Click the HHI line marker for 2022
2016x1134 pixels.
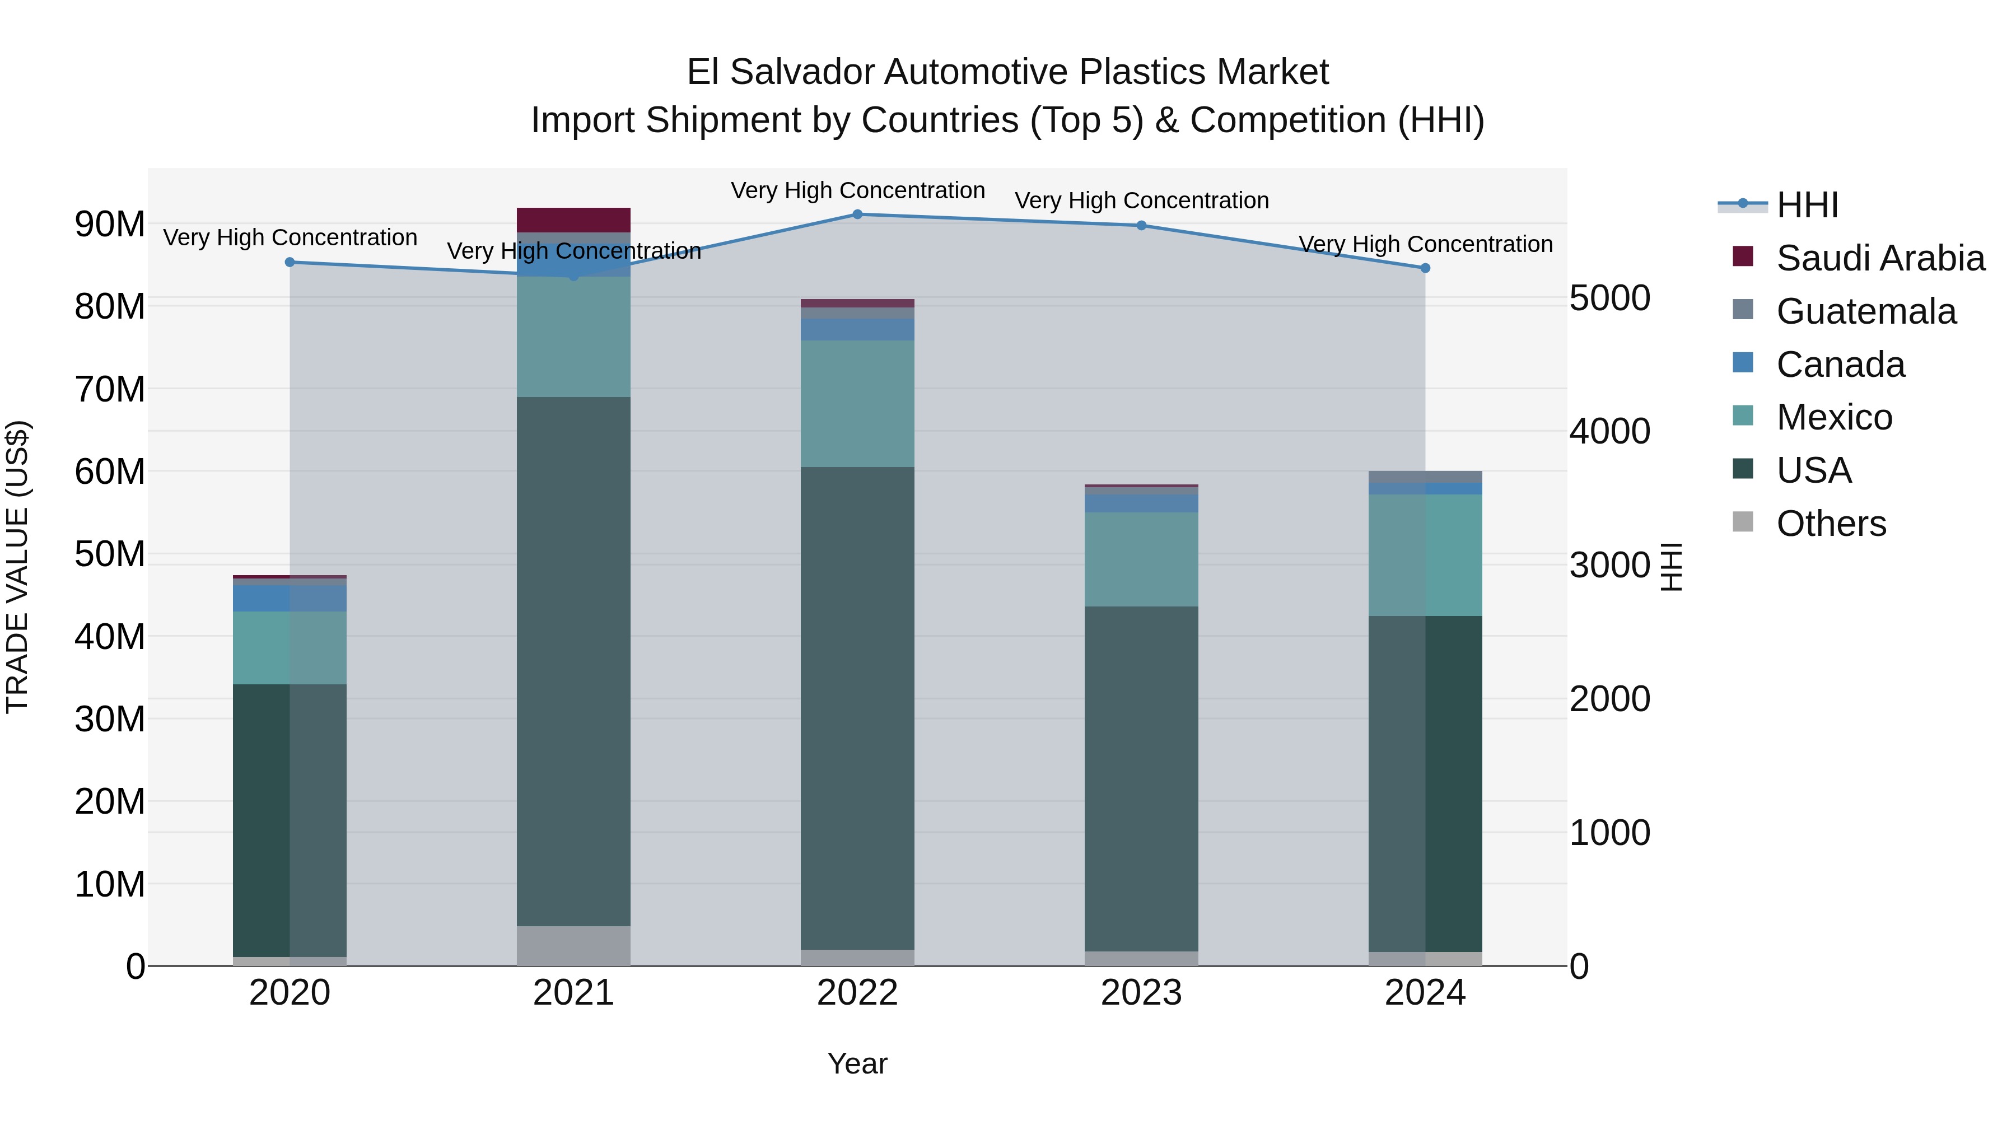857,214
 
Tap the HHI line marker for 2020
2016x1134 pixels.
290,262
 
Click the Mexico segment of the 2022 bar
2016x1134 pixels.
857,403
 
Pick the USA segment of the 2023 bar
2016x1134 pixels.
1141,779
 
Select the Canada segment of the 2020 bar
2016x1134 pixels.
290,598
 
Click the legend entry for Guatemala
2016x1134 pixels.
1866,311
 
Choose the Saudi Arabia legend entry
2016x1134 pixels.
1880,258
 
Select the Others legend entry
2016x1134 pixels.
1831,524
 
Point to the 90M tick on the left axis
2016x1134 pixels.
110,225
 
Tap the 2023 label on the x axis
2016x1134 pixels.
1141,993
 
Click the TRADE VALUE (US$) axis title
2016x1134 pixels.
17,567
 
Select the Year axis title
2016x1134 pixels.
857,1063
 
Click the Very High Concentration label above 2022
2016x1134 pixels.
857,190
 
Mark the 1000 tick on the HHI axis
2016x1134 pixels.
1610,833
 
